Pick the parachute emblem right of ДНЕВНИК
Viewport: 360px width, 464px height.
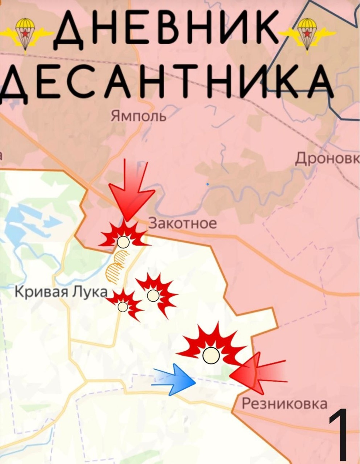point(308,33)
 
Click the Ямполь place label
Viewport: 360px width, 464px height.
point(138,116)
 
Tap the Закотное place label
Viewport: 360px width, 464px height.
point(183,223)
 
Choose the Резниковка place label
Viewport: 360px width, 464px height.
point(284,404)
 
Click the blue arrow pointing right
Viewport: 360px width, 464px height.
point(176,379)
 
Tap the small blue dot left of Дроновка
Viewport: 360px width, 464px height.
point(208,184)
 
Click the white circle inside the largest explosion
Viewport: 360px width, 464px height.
point(211,355)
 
